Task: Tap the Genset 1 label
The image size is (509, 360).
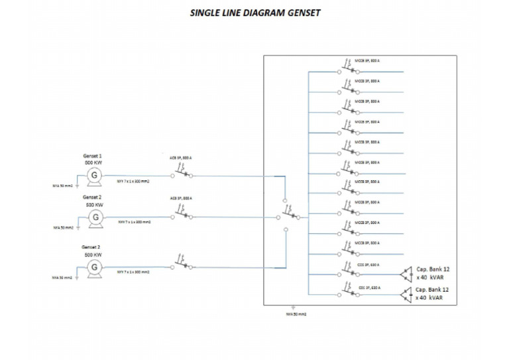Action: pyautogui.click(x=92, y=156)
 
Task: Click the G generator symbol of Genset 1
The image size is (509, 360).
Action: pyautogui.click(x=95, y=174)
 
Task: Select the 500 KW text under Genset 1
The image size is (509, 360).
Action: pyautogui.click(x=92, y=162)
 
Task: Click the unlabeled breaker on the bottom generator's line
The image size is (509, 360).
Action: pyautogui.click(x=182, y=263)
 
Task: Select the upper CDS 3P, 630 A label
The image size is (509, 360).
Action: pyautogui.click(x=369, y=264)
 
